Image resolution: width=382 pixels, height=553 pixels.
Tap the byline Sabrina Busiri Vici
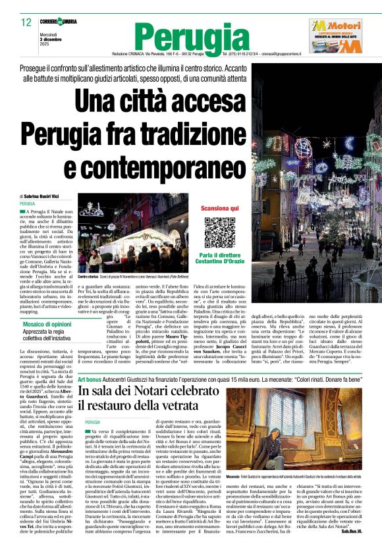click(x=49, y=196)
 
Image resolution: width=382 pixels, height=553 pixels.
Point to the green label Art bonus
click(x=89, y=381)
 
